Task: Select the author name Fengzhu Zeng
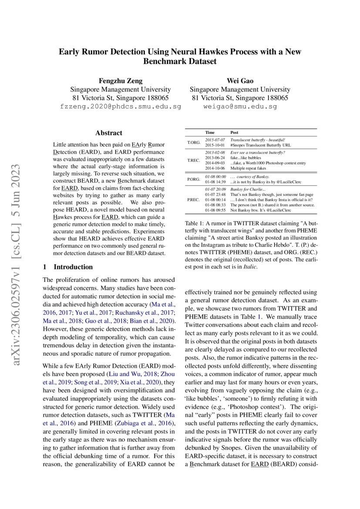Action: (x=120, y=81)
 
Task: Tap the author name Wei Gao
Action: (x=240, y=81)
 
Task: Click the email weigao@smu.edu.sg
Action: (x=240, y=106)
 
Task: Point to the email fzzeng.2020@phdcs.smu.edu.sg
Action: (x=120, y=106)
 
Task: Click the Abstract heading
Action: (x=109, y=133)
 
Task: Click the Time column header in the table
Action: (x=210, y=132)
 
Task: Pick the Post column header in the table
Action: (x=234, y=132)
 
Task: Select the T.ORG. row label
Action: (x=194, y=142)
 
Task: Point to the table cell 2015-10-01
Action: (x=215, y=145)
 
